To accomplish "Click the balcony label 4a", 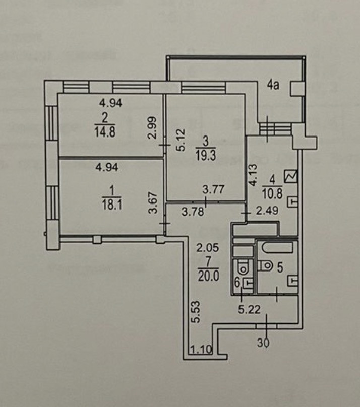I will (273, 85).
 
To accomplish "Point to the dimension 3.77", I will (212, 190).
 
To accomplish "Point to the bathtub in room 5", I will (276, 248).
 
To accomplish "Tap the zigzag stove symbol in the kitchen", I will (291, 177).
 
